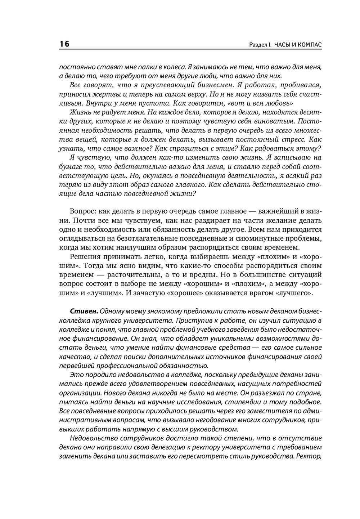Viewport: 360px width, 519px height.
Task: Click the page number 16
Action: click(x=64, y=44)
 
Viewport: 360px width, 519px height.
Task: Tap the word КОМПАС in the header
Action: click(x=309, y=45)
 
